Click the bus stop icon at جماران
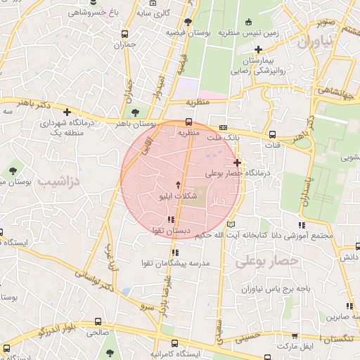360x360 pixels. coord(125,33)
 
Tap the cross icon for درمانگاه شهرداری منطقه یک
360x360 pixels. coord(67,112)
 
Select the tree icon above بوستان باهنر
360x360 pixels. coord(135,112)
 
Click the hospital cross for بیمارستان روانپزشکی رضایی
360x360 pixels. coord(258,49)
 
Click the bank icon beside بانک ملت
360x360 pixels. coord(223,127)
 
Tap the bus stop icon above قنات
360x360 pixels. coord(271,135)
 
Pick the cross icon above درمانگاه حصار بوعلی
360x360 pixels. coord(237,162)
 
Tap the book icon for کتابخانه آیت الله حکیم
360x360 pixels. coord(224,224)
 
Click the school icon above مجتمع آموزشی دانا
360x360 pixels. coord(302,225)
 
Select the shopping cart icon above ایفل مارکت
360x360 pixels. coord(294,337)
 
